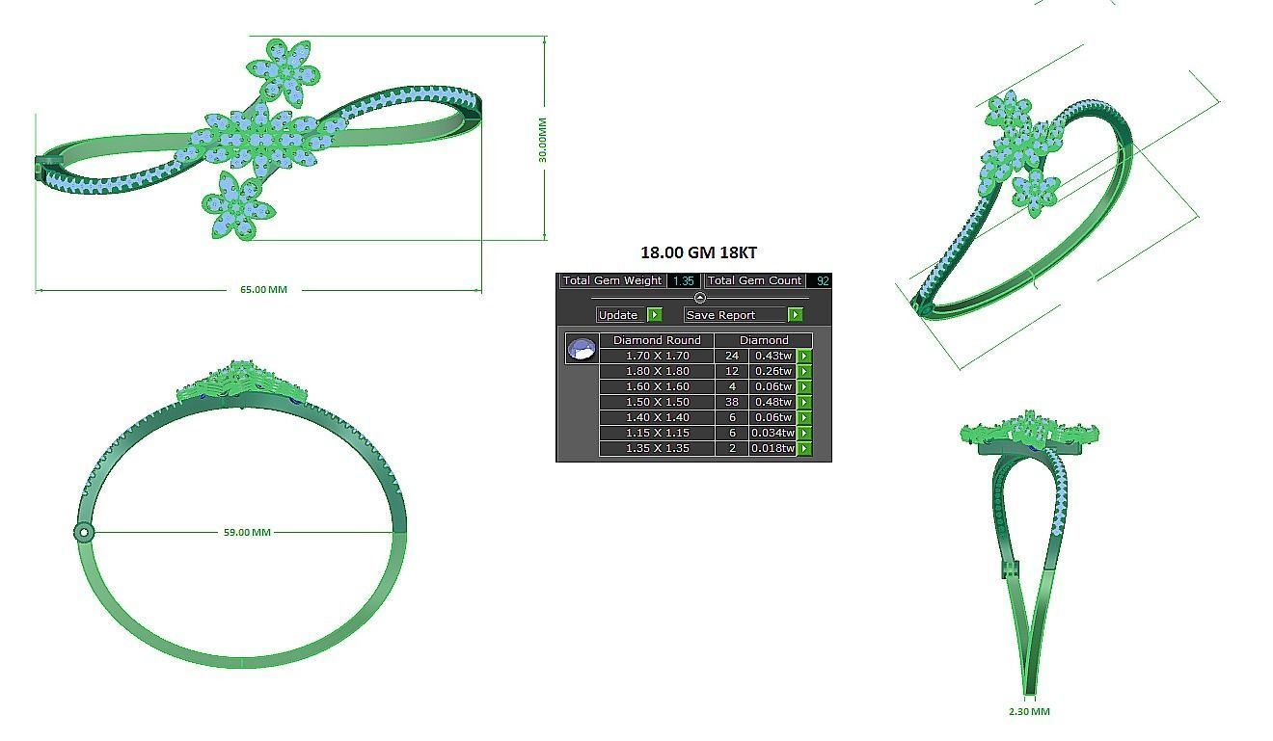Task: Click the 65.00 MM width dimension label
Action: [263, 289]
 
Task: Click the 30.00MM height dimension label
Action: [543, 140]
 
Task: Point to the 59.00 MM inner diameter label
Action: [247, 532]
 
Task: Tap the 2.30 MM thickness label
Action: [1029, 712]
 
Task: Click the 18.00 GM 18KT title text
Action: [698, 252]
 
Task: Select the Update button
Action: [618, 315]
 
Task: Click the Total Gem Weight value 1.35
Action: [683, 281]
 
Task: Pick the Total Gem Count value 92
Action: [822, 281]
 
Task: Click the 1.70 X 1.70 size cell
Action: [657, 356]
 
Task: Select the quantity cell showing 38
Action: [732, 402]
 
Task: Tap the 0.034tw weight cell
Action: [772, 433]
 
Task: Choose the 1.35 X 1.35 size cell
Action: [657, 448]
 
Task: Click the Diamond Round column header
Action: [657, 340]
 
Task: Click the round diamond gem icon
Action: [582, 349]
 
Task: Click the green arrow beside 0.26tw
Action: [804, 371]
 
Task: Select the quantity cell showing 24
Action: [732, 356]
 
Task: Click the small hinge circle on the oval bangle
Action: [84, 532]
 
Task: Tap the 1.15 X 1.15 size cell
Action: [657, 433]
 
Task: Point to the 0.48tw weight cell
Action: [772, 402]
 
